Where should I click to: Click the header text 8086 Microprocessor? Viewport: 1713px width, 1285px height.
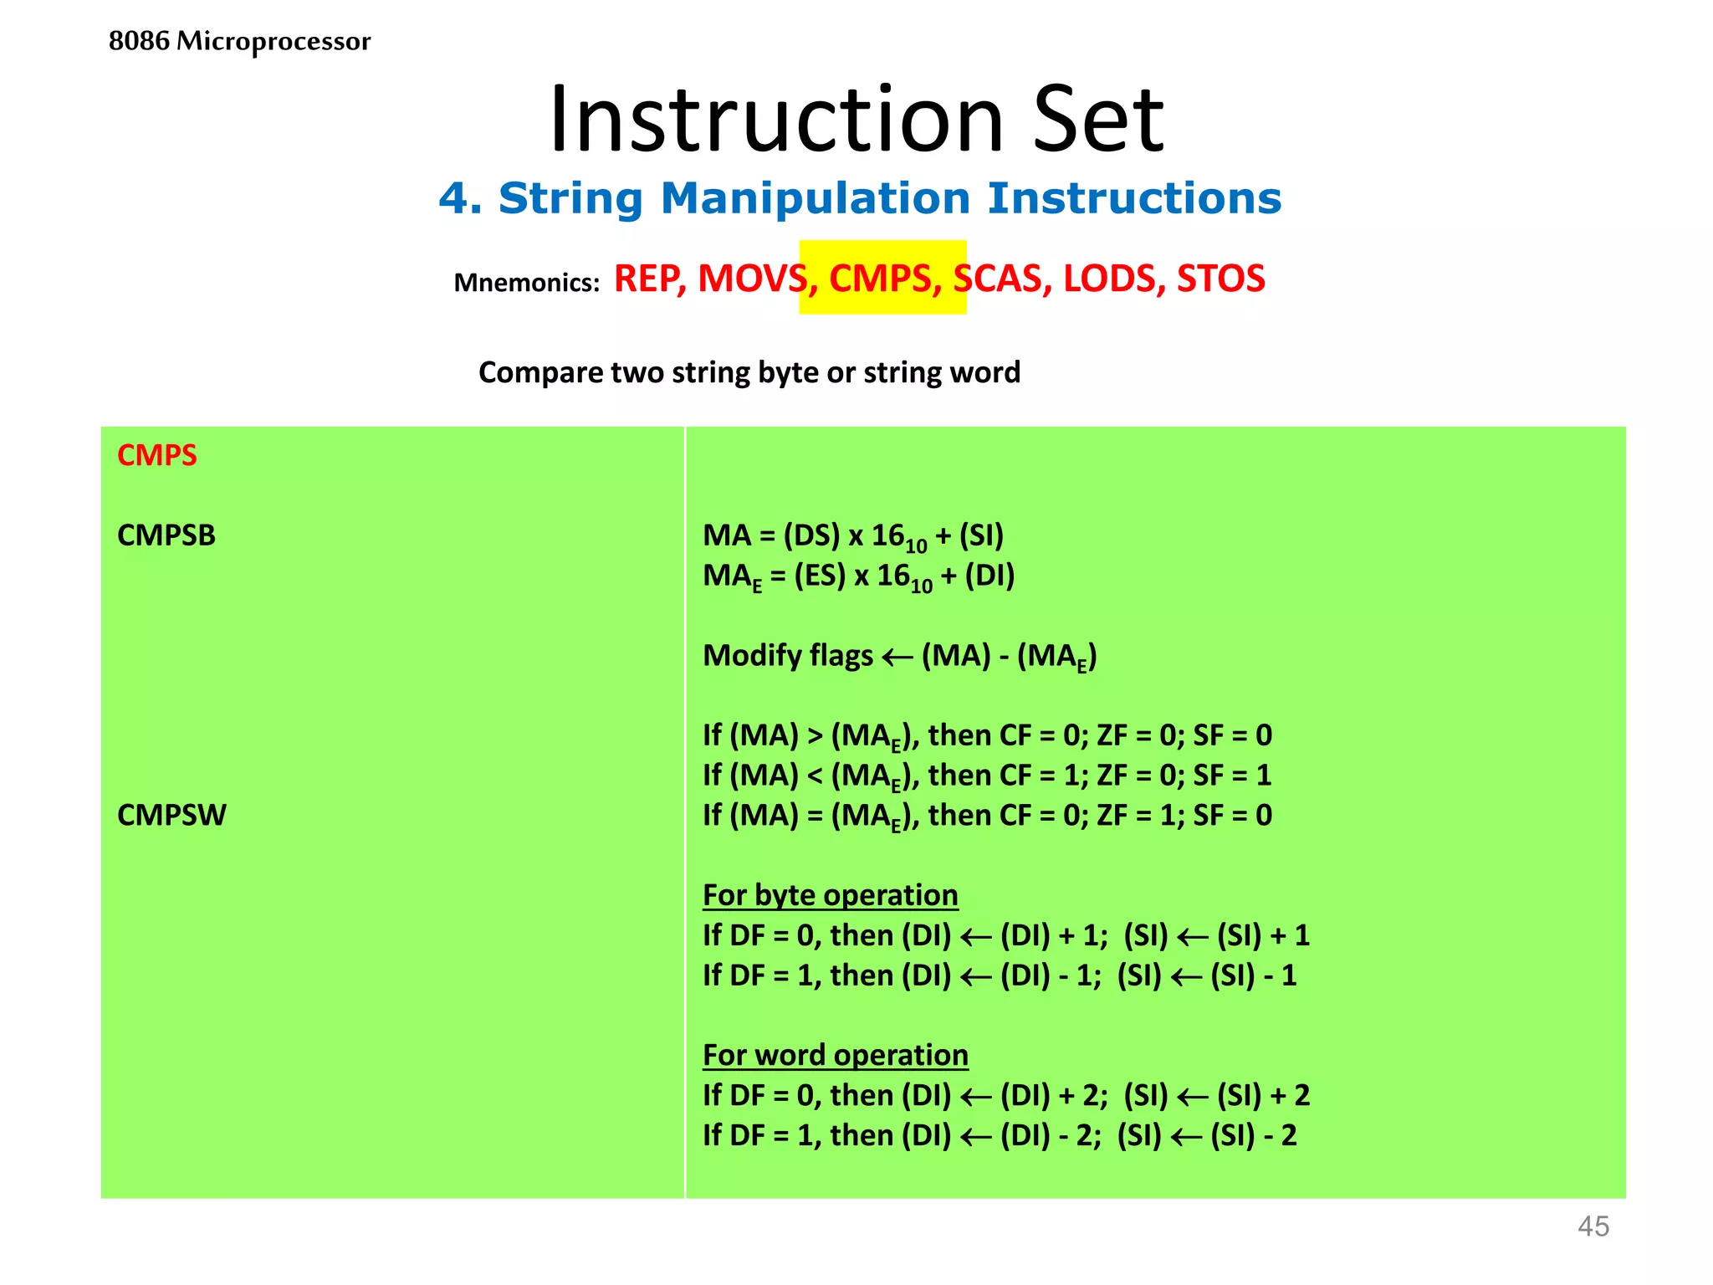239,41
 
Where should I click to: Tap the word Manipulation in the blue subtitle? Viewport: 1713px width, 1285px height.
815,199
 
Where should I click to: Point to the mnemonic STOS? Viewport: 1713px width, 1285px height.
1220,279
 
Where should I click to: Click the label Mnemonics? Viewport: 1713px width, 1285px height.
526,283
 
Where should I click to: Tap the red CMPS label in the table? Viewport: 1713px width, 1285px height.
157,455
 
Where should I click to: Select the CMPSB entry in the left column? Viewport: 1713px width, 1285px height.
166,535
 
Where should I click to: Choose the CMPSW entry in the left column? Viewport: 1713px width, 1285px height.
171,815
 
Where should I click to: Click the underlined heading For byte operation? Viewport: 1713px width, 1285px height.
830,895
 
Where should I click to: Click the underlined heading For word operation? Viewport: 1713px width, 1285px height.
835,1055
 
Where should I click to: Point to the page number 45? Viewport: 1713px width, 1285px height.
1593,1226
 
